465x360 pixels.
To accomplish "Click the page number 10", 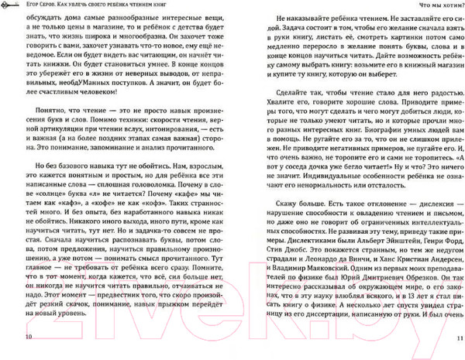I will [29, 339].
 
